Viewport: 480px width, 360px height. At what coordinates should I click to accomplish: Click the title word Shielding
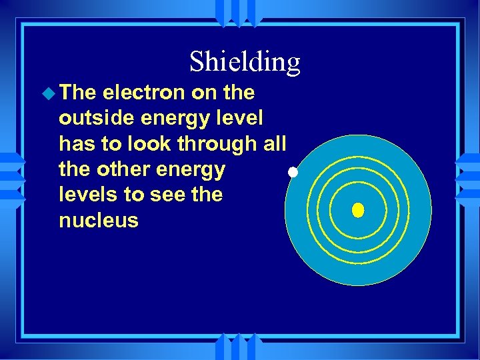[245, 62]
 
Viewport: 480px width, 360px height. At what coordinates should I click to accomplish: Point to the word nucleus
[98, 221]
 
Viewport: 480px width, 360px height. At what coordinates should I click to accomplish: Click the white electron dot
[292, 173]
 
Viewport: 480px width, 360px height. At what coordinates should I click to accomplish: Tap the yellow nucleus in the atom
[358, 211]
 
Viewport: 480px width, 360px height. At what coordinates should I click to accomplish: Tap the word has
[76, 144]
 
